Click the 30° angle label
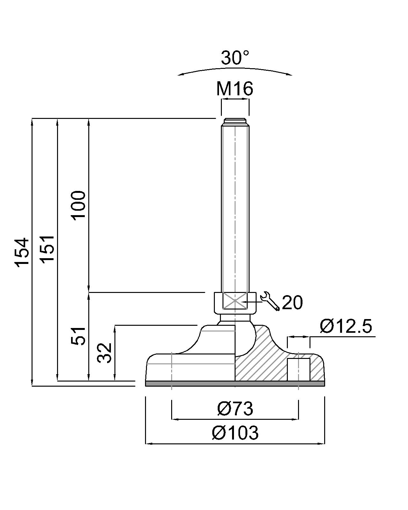(235, 57)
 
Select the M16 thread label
(235, 89)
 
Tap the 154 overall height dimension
(23, 253)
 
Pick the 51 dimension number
(78, 336)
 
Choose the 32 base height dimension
(105, 353)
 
